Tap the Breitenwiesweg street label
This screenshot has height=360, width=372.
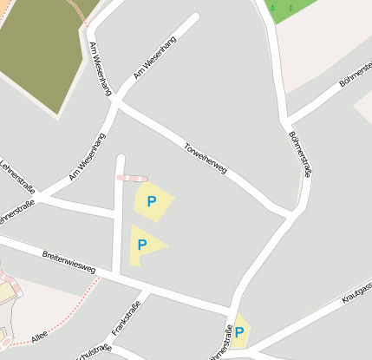click(x=69, y=262)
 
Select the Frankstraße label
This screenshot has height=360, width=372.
click(x=126, y=317)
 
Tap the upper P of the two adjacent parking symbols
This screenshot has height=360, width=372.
click(x=152, y=201)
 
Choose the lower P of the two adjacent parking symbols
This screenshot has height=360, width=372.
click(x=142, y=245)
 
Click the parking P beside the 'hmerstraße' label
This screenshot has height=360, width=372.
click(x=239, y=332)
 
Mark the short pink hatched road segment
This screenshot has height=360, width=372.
click(x=132, y=178)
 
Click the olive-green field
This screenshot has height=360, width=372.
click(x=39, y=48)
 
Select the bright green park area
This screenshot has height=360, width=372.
click(x=286, y=10)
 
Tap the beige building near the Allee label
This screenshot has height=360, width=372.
click(x=7, y=293)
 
